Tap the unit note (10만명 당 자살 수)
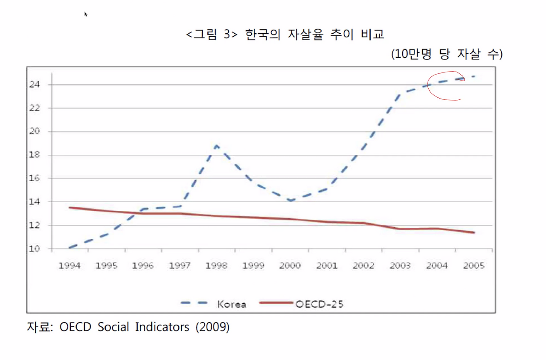tap(447, 55)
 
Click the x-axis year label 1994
tap(70, 265)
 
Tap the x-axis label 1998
tap(216, 265)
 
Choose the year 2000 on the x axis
tap(290, 265)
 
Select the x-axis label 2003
tap(400, 265)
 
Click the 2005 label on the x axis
tap(473, 265)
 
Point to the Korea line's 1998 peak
tap(217, 146)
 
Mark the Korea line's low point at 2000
tap(290, 200)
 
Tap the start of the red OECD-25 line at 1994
tap(70, 208)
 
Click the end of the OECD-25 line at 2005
tap(474, 232)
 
